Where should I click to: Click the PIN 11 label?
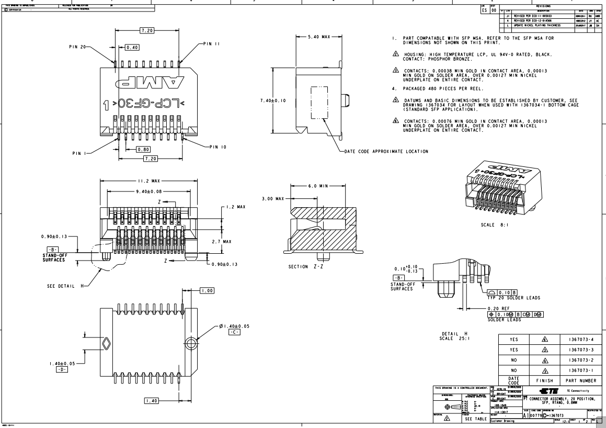point(213,45)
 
